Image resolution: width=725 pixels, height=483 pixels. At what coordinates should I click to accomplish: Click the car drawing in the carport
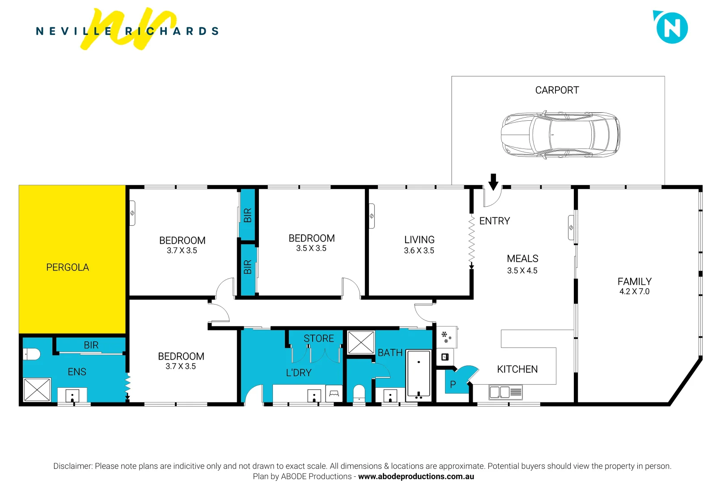point(560,135)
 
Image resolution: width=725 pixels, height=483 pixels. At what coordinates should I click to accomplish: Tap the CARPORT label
point(557,90)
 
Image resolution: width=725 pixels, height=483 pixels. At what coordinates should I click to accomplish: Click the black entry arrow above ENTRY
point(493,182)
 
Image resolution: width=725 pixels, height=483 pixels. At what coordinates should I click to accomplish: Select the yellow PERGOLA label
point(68,267)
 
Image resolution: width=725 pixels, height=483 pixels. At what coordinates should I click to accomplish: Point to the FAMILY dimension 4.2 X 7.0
point(634,292)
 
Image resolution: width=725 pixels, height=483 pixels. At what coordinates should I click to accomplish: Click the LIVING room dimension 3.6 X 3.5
point(419,251)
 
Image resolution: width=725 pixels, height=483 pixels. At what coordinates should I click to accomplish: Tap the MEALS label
point(522,259)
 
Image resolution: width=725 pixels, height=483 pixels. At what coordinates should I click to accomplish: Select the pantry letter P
point(453,385)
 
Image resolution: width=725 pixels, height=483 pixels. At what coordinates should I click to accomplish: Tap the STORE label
point(318,339)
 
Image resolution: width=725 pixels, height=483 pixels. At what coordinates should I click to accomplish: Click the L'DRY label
point(298,373)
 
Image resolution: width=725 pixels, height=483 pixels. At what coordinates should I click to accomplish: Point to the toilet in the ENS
point(32,354)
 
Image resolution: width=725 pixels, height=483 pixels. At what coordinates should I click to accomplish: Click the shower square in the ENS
point(37,390)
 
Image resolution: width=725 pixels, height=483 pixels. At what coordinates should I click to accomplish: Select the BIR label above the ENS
point(91,345)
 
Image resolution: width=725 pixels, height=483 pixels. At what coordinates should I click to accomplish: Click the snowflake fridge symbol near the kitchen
point(446,337)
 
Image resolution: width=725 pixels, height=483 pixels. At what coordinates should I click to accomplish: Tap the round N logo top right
point(672,28)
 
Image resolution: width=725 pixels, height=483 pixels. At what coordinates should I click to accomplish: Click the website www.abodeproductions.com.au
point(416,477)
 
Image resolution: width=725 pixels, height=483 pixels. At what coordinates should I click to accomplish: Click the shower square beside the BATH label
point(361,343)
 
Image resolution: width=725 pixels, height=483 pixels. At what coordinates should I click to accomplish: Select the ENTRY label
point(494,221)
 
